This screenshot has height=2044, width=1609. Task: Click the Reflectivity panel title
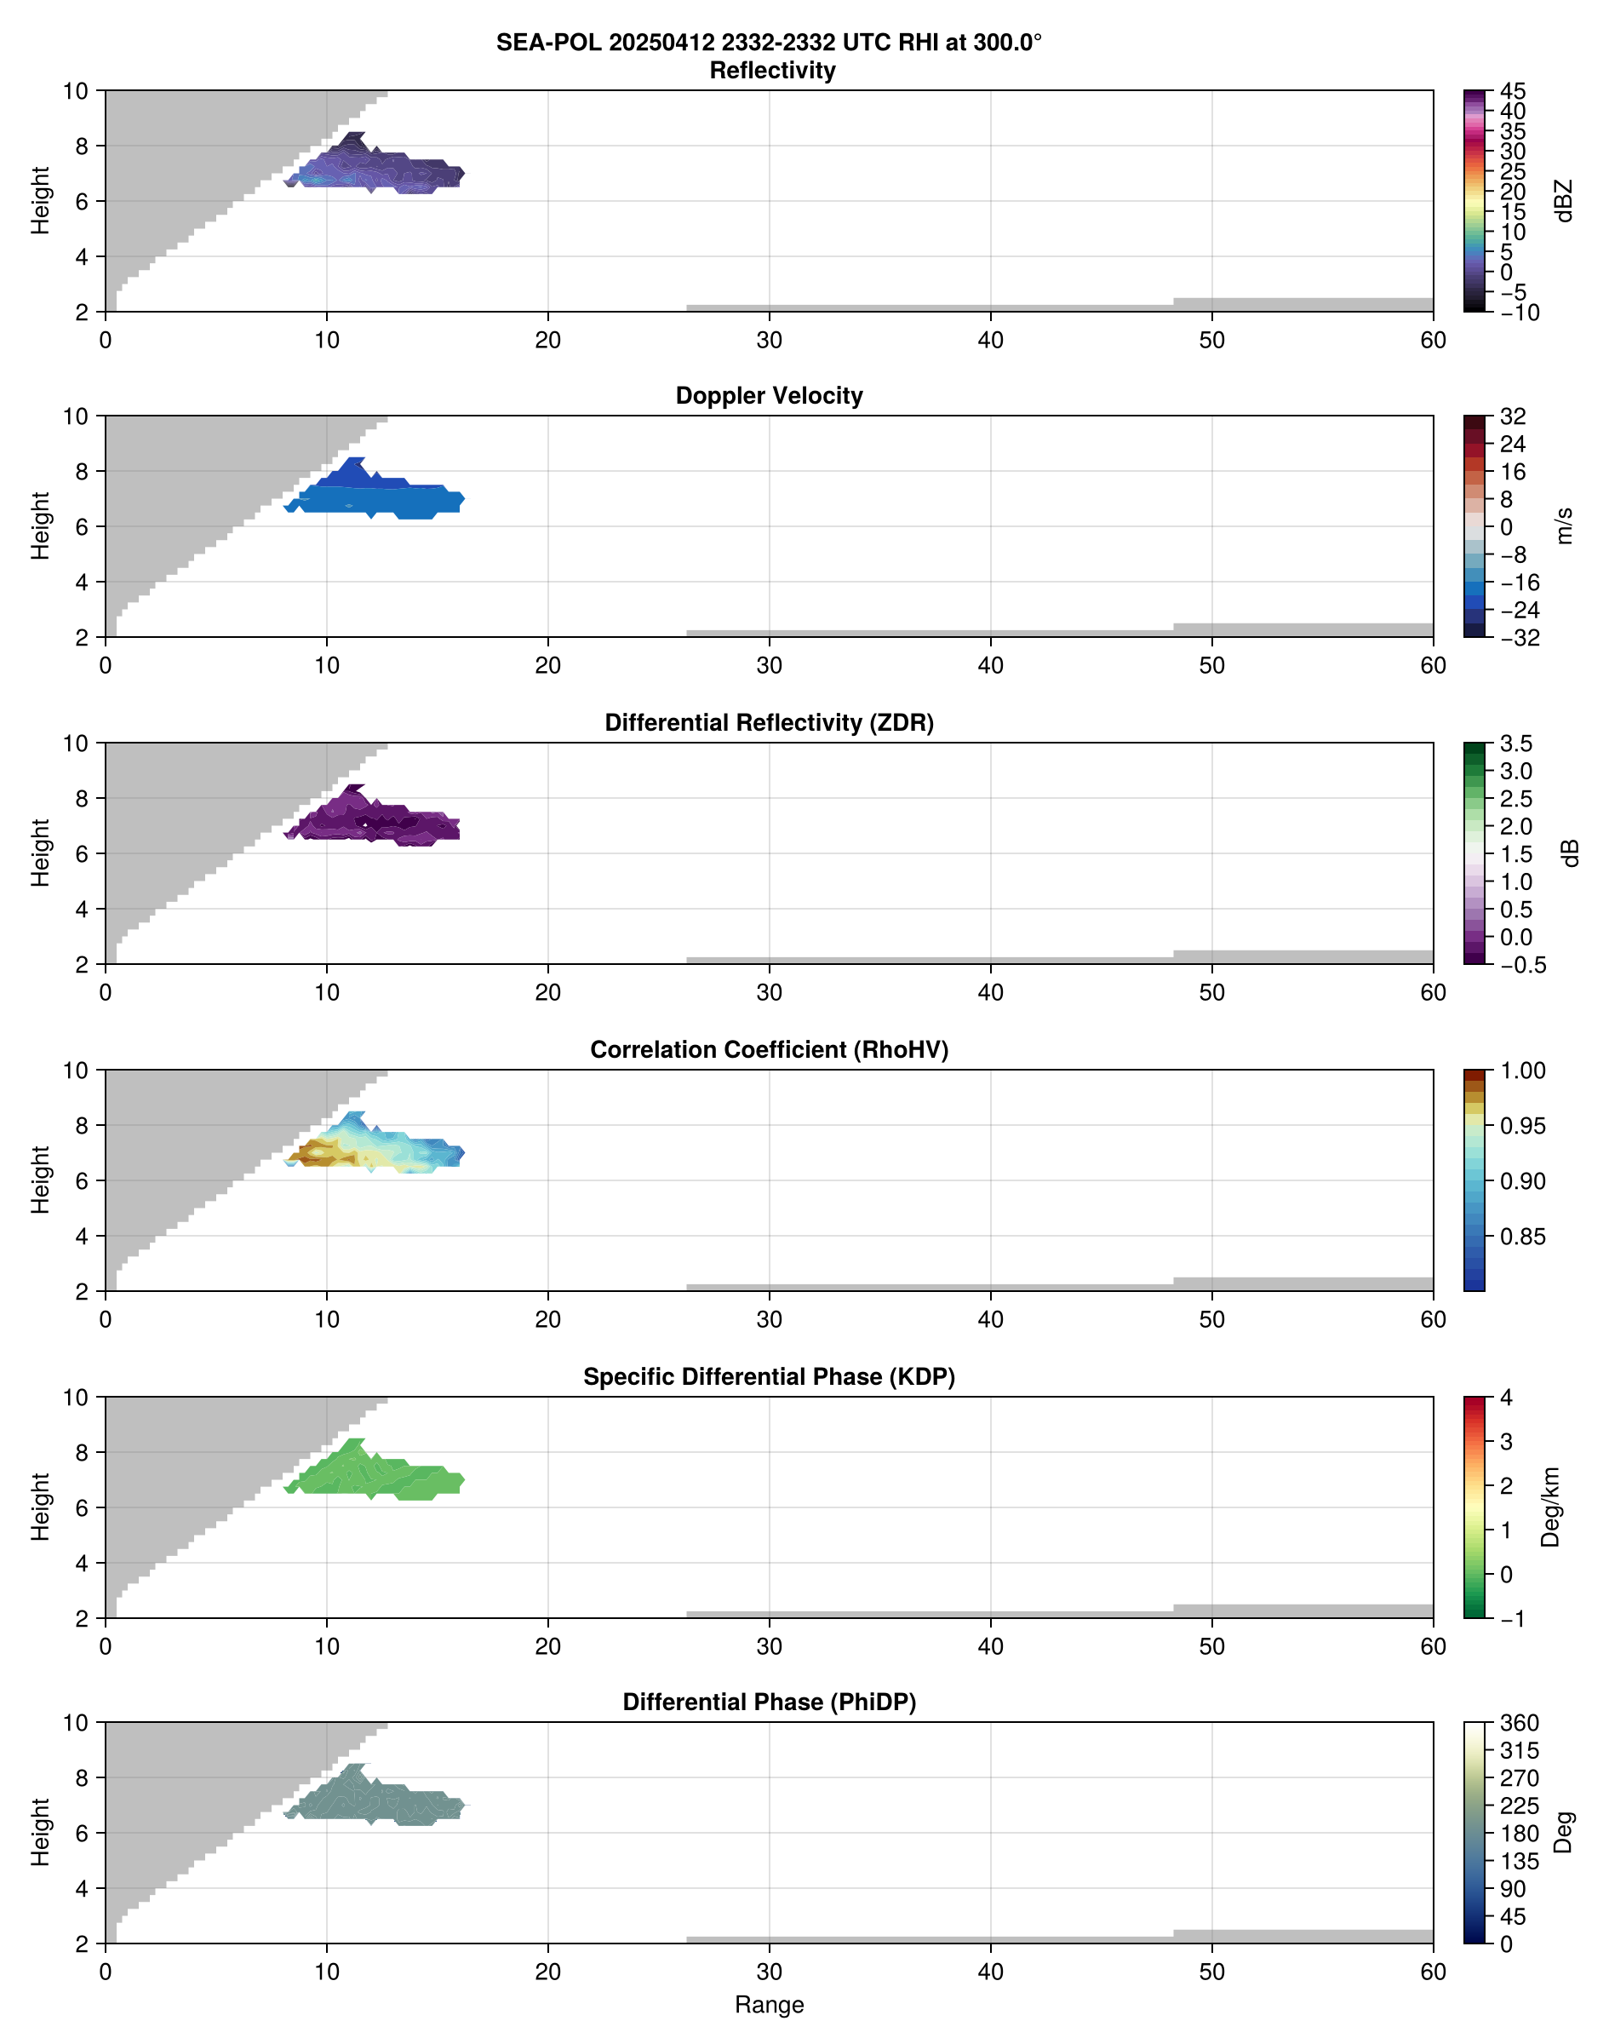click(x=771, y=71)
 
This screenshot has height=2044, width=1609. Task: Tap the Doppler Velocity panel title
click(x=769, y=396)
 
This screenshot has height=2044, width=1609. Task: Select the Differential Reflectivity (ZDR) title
click(x=769, y=723)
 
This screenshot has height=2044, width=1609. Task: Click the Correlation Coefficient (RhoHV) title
click(x=769, y=1050)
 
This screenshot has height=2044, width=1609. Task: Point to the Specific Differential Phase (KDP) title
click(x=769, y=1377)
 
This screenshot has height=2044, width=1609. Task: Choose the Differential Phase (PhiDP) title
click(x=769, y=1702)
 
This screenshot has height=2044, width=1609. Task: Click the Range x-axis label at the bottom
click(x=769, y=2005)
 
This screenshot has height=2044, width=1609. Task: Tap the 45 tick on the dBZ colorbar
click(x=1512, y=91)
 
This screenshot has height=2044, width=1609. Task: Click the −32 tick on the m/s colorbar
click(x=1519, y=638)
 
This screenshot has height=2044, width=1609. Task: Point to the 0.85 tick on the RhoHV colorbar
click(x=1521, y=1237)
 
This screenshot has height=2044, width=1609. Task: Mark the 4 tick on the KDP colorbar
click(x=1506, y=1398)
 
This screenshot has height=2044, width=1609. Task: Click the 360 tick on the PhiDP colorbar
click(x=1519, y=1724)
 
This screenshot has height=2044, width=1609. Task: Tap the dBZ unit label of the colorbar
click(x=1564, y=201)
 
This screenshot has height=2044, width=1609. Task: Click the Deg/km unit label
click(x=1550, y=1507)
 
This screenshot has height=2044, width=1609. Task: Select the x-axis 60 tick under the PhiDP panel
click(x=1432, y=1972)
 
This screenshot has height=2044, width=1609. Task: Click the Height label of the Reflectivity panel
click(x=39, y=201)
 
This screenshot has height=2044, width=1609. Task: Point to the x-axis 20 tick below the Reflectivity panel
click(x=547, y=340)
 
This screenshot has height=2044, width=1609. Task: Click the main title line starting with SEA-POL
click(x=769, y=43)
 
